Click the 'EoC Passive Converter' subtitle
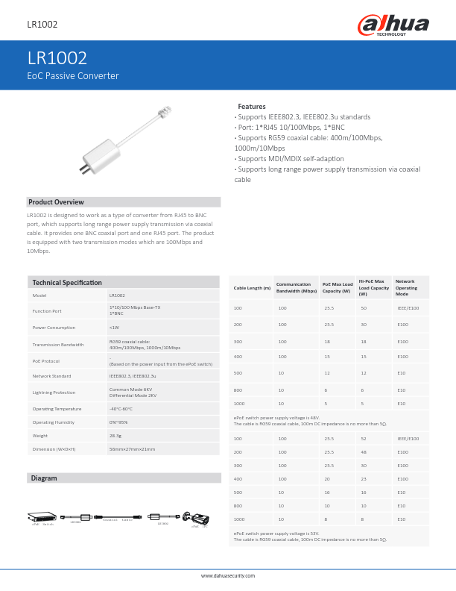(72, 76)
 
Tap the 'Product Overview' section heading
(56, 202)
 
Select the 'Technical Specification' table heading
(67, 283)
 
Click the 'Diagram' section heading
(43, 478)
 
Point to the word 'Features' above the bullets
(252, 107)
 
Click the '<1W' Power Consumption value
(114, 328)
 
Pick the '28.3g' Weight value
(115, 435)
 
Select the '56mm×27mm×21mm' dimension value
(132, 449)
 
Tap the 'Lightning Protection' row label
(54, 393)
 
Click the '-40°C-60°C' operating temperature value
(121, 409)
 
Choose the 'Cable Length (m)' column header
(252, 288)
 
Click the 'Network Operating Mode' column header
(406, 288)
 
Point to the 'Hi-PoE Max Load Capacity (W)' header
(374, 288)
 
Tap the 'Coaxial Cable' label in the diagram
(117, 519)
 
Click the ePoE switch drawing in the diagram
(42, 516)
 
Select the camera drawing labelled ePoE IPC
(199, 517)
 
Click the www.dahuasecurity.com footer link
(228, 576)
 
